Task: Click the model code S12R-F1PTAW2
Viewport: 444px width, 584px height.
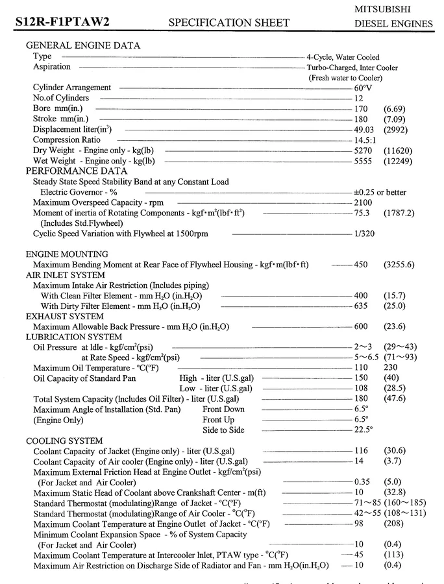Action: (x=62, y=23)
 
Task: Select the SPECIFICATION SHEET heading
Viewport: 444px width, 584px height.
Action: (x=228, y=23)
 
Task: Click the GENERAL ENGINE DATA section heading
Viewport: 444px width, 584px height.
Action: (x=82, y=45)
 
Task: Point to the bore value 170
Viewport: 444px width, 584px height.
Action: (x=361, y=108)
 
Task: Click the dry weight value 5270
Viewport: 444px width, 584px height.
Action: (x=364, y=151)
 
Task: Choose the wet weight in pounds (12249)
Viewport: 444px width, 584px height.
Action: (x=398, y=161)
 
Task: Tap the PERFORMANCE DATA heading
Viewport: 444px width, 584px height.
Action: (x=77, y=171)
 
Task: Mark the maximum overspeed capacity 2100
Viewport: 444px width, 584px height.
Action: (x=364, y=202)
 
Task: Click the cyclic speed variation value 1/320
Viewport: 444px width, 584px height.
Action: (x=364, y=234)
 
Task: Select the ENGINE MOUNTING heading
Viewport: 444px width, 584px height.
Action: (x=67, y=254)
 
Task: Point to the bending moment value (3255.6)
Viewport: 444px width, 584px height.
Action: (x=399, y=265)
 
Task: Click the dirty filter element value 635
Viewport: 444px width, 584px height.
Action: (x=361, y=306)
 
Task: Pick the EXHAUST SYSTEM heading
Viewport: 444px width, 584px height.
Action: (x=64, y=316)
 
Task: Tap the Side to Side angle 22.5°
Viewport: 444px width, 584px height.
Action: (x=364, y=430)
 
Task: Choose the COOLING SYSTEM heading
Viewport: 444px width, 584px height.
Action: (x=64, y=441)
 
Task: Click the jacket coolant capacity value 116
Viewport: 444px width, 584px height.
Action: (x=361, y=451)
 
